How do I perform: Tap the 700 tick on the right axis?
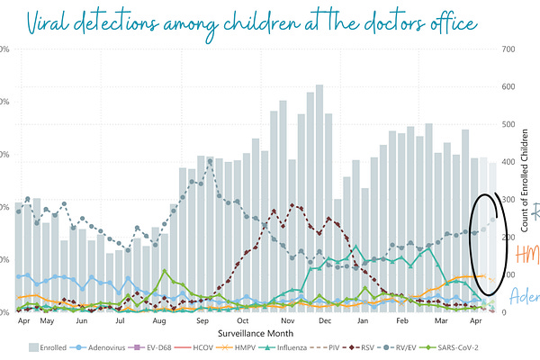tap(508, 49)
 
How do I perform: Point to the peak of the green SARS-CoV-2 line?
tap(165, 270)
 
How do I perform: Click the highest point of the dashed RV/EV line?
tap(210, 161)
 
